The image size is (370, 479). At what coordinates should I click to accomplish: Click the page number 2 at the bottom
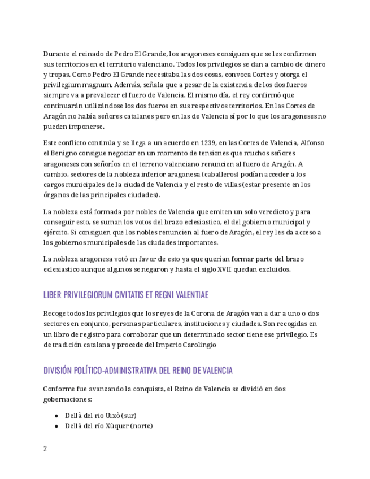click(x=45, y=448)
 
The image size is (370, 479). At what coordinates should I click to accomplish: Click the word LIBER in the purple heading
click(x=53, y=295)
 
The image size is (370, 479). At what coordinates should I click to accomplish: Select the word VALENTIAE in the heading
click(x=189, y=295)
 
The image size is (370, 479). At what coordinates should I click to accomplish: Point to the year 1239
click(x=208, y=143)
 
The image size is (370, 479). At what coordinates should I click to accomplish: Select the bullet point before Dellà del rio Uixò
click(x=56, y=415)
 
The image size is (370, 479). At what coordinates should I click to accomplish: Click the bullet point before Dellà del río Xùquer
click(x=56, y=426)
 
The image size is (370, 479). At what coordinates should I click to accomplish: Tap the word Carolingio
click(x=197, y=345)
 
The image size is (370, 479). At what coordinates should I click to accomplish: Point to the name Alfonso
click(x=311, y=143)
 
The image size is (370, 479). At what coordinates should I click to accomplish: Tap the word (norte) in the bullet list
click(x=141, y=426)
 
